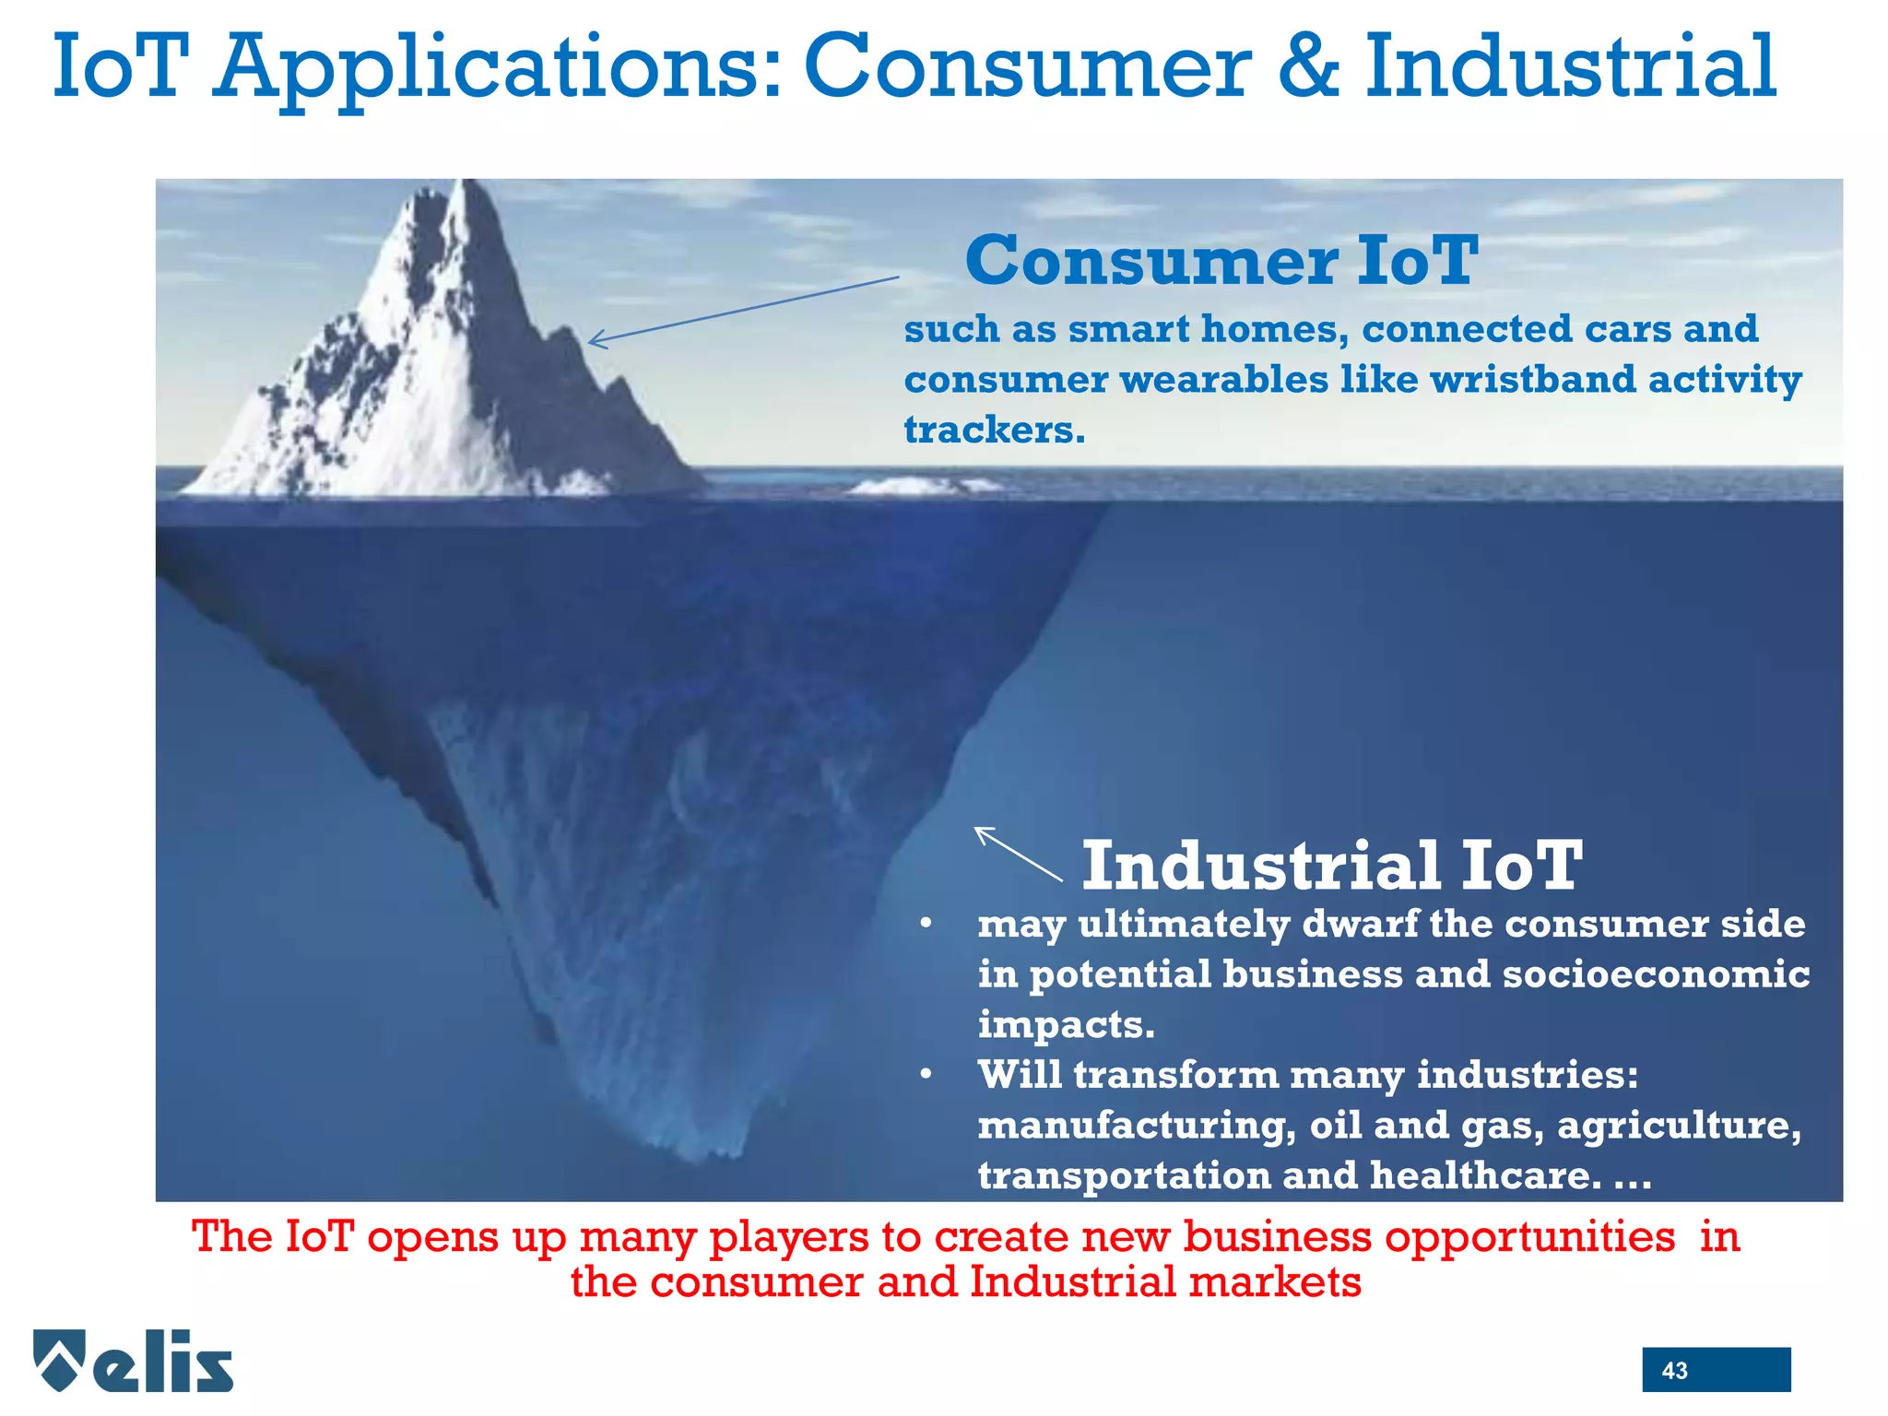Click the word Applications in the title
click(x=497, y=68)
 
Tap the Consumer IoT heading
click(x=1221, y=260)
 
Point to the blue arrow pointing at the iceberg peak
click(x=743, y=311)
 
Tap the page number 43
click(x=1674, y=1370)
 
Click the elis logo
click(x=134, y=1361)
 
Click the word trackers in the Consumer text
click(x=994, y=430)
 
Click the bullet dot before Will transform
click(x=926, y=1075)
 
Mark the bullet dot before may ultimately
click(x=926, y=924)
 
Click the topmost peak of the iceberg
click(x=468, y=184)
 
